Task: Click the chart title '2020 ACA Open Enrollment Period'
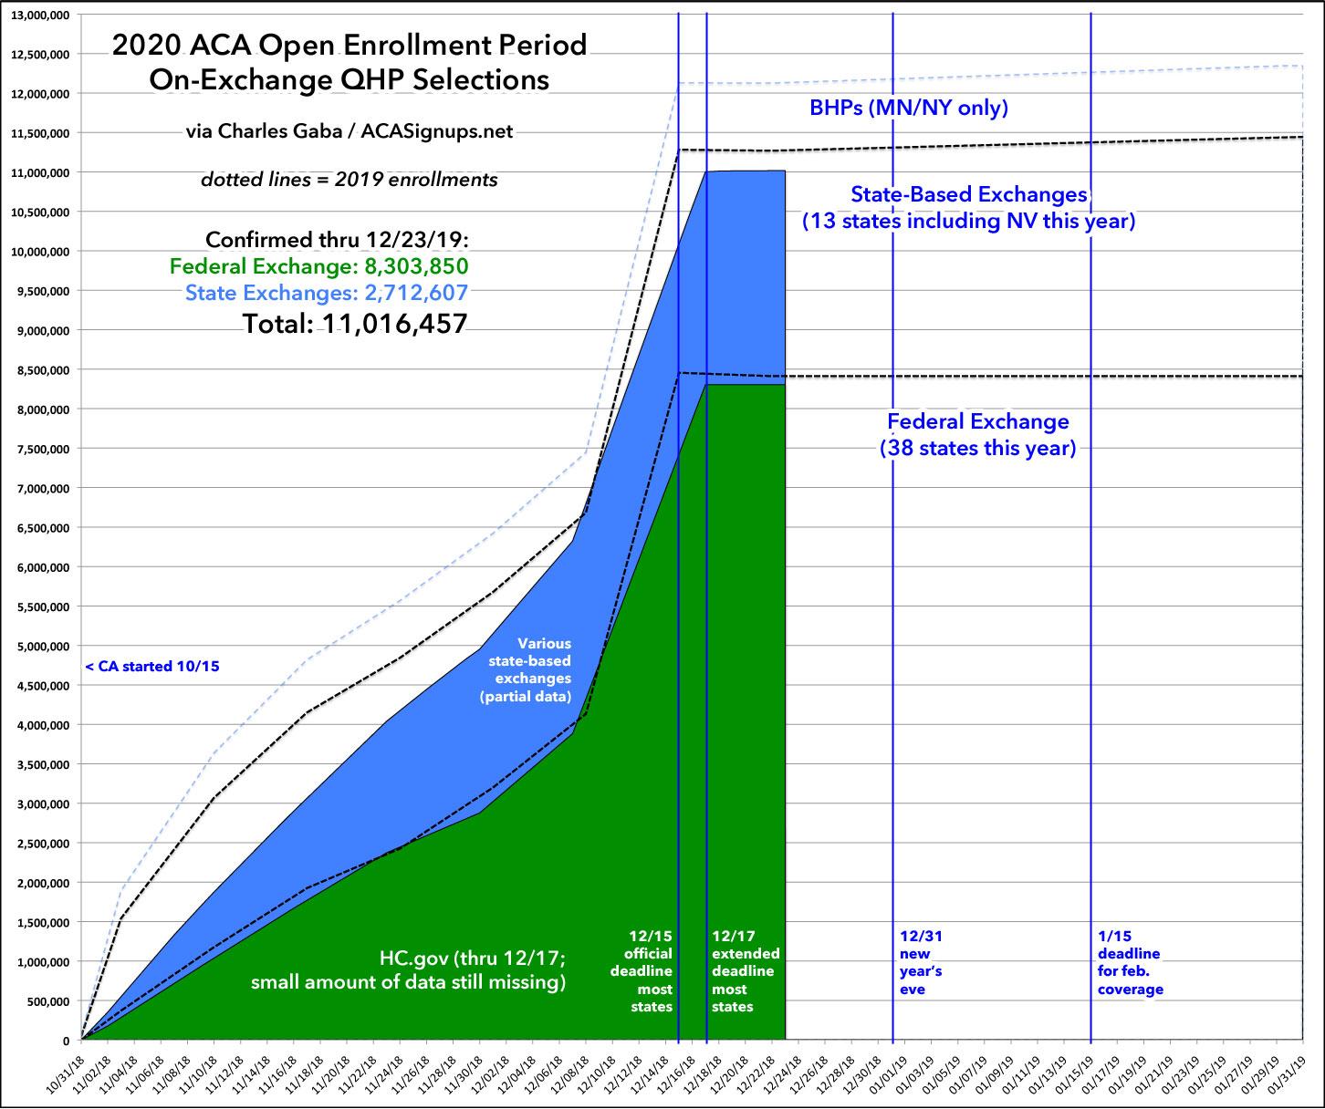point(349,46)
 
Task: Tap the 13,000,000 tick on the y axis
point(37,15)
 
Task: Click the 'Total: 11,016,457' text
point(355,322)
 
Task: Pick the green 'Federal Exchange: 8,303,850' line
point(325,266)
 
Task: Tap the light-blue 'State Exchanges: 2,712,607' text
point(333,293)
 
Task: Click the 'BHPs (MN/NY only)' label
point(908,109)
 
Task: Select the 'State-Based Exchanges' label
point(968,194)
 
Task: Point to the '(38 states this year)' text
point(977,448)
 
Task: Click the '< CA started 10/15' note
point(152,667)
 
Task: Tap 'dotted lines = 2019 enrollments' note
point(350,180)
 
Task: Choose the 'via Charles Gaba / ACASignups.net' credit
point(350,131)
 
